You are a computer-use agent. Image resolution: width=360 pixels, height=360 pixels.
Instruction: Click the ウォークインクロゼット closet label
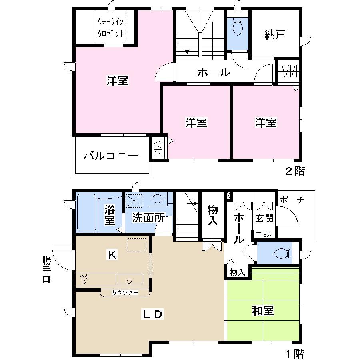110,28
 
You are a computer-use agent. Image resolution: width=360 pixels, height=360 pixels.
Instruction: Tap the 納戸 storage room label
274,35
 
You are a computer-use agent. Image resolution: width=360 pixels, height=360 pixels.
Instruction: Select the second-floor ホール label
214,73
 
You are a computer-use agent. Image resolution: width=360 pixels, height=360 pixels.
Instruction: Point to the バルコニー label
111,156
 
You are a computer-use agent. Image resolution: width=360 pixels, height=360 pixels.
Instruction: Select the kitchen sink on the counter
129,280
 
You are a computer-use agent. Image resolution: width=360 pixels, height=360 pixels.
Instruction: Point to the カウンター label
125,293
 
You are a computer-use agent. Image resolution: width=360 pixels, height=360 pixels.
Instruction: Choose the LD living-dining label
153,314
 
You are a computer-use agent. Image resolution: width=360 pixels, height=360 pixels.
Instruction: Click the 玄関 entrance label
264,218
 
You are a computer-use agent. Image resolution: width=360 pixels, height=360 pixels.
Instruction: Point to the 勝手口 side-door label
47,270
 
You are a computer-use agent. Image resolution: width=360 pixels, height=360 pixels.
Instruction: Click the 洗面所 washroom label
148,218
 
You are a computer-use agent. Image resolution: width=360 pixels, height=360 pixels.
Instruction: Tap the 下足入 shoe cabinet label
264,234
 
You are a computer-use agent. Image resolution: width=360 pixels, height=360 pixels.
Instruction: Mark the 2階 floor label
294,172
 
